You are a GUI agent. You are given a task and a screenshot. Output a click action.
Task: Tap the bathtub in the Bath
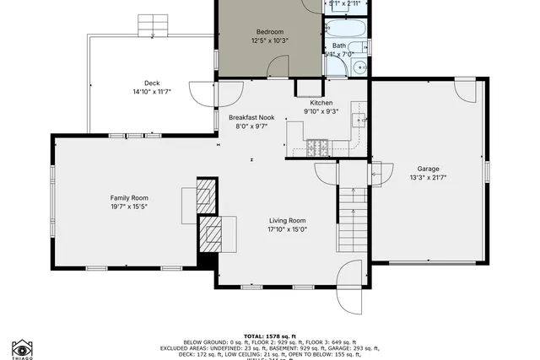(x=348, y=29)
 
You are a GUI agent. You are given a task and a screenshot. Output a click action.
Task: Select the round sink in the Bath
(x=360, y=67)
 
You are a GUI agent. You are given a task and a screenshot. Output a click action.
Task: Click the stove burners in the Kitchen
(x=318, y=148)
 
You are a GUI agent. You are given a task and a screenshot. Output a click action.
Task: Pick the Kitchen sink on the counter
(x=358, y=121)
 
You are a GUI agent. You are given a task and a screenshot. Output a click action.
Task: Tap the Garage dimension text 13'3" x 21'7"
(x=428, y=177)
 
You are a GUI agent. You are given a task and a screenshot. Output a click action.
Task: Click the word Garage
(x=428, y=168)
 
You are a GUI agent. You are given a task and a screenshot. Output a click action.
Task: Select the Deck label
(x=152, y=83)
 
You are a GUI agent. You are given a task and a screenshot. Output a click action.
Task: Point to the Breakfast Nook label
(x=251, y=117)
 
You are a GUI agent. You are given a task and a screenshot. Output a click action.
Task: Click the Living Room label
(x=287, y=220)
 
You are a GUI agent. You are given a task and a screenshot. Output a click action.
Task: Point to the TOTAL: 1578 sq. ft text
(x=271, y=335)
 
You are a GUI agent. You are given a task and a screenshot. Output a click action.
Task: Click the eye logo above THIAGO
(x=23, y=347)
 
